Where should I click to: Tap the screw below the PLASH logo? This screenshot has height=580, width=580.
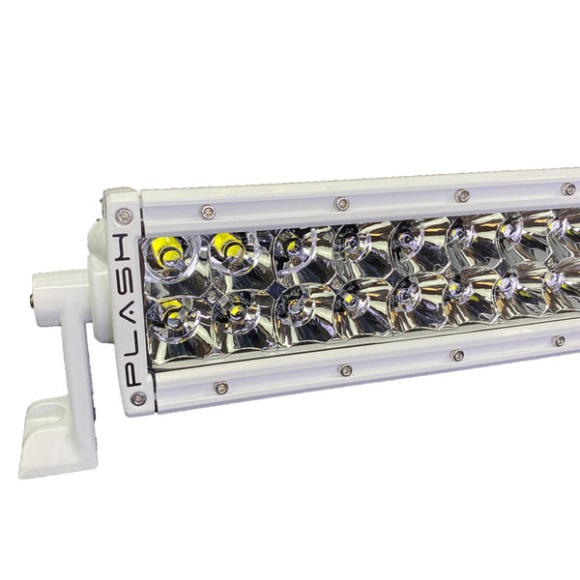(x=138, y=398)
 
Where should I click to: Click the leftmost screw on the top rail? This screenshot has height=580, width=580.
(x=208, y=212)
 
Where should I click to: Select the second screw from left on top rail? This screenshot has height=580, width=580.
(x=341, y=204)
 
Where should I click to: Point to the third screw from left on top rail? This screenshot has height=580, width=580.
(x=462, y=196)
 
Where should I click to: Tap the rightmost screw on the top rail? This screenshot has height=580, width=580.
(x=568, y=188)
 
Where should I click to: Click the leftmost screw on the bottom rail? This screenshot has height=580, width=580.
(x=221, y=388)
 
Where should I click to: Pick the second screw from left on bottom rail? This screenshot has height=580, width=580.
(x=345, y=370)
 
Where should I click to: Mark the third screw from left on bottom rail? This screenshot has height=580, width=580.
(x=457, y=355)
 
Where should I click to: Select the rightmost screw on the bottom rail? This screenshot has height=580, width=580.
(x=559, y=340)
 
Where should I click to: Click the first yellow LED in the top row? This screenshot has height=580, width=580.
(x=166, y=250)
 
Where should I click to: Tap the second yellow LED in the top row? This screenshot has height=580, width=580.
(x=228, y=248)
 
